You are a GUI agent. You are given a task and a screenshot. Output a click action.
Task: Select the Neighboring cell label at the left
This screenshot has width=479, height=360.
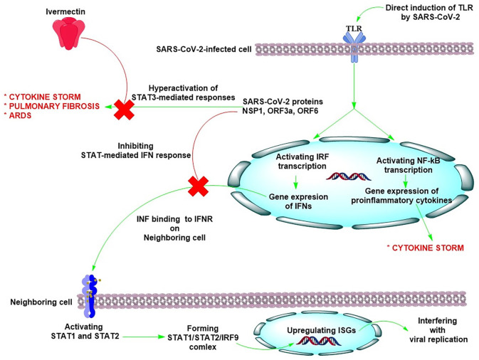pos(34,303)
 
